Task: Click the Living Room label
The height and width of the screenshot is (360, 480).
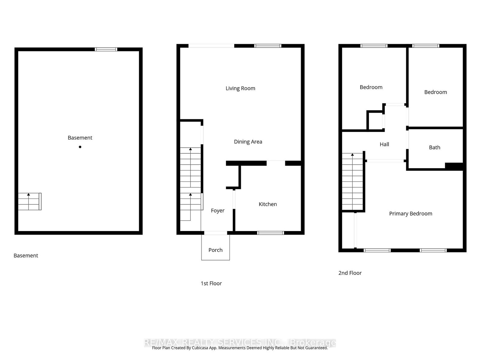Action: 240,88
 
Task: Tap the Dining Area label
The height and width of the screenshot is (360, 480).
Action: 248,142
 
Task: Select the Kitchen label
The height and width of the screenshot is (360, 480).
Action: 268,204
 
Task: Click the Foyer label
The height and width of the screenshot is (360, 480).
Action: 217,211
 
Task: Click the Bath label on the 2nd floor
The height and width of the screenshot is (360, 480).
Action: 434,147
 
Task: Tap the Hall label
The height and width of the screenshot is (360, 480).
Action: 384,144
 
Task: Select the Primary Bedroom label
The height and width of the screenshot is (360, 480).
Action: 410,214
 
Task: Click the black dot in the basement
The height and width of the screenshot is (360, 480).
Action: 80,147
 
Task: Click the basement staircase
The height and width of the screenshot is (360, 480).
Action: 29,201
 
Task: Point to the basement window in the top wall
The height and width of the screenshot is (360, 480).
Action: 106,49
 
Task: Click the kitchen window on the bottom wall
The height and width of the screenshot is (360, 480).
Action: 271,233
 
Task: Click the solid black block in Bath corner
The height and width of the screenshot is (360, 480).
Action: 454,166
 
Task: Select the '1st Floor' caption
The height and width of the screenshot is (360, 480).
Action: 211,283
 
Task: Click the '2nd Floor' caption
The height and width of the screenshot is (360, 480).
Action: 350,273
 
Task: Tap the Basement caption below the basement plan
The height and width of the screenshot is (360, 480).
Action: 26,256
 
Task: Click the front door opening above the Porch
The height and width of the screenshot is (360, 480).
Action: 216,233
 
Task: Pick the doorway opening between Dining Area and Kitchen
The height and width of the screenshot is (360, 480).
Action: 276,163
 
